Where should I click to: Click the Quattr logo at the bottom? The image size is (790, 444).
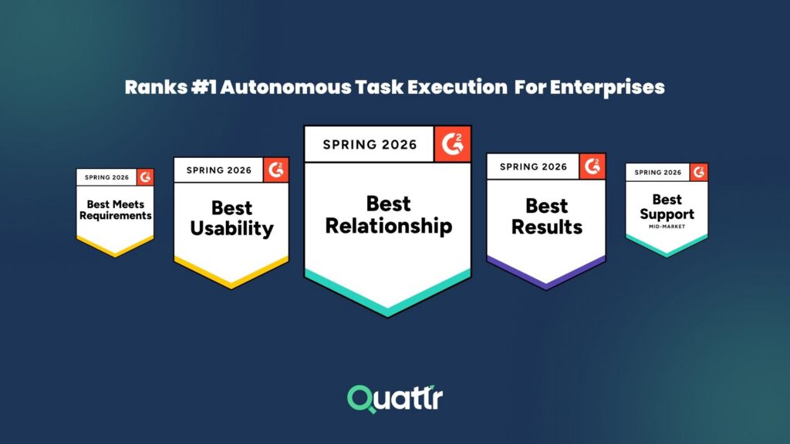click(394, 399)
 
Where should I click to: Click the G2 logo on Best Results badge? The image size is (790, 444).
click(592, 166)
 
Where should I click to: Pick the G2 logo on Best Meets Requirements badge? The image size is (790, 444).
click(145, 177)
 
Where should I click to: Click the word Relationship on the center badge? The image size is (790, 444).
click(388, 226)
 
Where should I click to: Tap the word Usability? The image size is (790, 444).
click(231, 228)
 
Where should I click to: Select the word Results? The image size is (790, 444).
click(547, 227)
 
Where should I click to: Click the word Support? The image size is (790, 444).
click(667, 214)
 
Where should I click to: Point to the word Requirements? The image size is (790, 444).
click(116, 216)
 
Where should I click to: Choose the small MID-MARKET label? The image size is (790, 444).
click(667, 227)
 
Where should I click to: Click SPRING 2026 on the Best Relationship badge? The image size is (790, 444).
click(370, 144)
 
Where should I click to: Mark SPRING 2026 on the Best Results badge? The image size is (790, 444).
click(533, 166)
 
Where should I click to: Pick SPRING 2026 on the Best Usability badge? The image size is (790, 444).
click(219, 170)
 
